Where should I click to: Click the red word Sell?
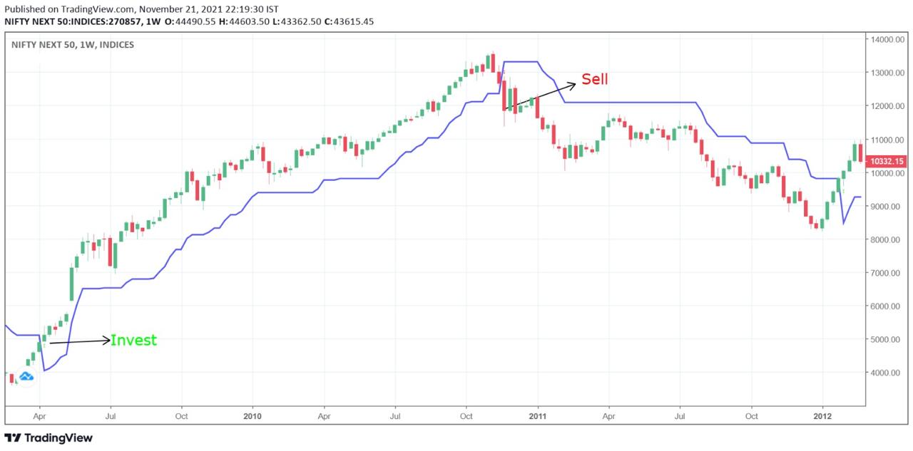595,79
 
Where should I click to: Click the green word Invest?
133,341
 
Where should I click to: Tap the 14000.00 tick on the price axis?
886,40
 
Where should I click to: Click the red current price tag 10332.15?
887,162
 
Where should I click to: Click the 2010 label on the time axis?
253,415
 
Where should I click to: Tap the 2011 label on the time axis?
537,415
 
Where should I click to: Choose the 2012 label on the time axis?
822,415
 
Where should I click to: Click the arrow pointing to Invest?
78,342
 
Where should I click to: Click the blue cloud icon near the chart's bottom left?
26,375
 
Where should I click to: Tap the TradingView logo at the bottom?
49,438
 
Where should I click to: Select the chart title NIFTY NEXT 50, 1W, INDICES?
73,45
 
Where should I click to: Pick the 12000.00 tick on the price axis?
886,106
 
